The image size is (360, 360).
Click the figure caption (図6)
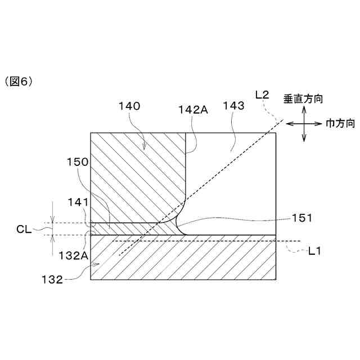(x=19, y=82)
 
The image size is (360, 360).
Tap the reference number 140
(x=129, y=105)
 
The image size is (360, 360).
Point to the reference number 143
(x=233, y=105)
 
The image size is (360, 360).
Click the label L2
(x=263, y=95)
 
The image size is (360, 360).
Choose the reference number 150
(x=77, y=162)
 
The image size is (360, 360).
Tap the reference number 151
(x=302, y=218)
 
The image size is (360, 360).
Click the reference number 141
(x=77, y=201)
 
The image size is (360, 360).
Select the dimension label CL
(x=24, y=228)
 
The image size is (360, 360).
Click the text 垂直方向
(x=303, y=98)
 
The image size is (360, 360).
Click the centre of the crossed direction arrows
(x=304, y=123)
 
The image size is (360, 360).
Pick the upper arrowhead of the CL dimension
(x=52, y=220)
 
